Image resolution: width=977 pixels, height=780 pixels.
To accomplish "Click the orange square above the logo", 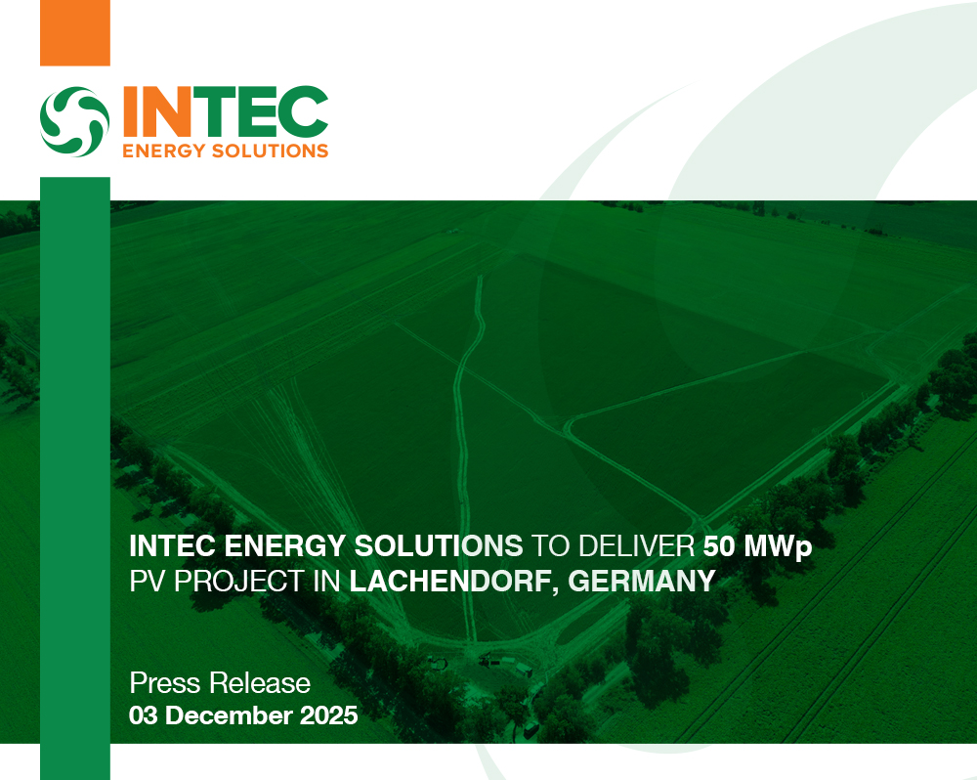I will pos(74,32).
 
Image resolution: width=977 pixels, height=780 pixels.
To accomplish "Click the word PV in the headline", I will pos(148,581).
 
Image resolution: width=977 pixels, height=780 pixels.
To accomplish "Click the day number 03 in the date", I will pos(145,715).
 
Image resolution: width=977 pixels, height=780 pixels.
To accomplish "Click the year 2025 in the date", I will pos(328,715).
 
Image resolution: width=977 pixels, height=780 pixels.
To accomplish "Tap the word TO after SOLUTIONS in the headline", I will pos(547,546).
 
